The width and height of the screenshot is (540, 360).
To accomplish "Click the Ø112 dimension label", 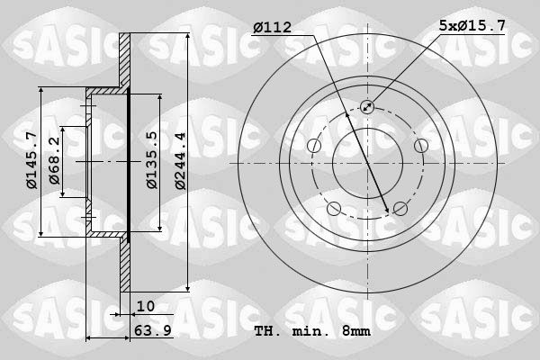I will tap(272, 28).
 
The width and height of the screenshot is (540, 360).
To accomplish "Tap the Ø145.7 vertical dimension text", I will tap(31, 160).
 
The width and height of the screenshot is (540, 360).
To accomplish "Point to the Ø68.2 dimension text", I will tap(55, 160).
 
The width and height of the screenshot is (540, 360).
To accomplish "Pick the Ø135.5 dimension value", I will tap(152, 160).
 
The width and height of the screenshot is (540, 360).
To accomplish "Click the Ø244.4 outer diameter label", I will tap(180, 160).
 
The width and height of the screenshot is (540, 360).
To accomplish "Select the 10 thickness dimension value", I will tap(146, 306).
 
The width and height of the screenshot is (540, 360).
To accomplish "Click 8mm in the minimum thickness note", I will tap(355, 332).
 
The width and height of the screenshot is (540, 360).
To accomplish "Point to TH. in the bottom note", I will tap(266, 332).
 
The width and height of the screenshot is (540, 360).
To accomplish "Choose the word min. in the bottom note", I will tap(310, 332).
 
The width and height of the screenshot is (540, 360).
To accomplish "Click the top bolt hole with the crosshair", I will tap(367, 107).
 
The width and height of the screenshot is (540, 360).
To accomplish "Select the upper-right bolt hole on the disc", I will tap(420, 146).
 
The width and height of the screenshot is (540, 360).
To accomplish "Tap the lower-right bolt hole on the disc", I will tap(400, 209).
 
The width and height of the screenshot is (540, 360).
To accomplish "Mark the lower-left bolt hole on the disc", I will tap(334, 209).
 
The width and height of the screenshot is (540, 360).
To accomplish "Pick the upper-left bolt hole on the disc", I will tap(313, 146).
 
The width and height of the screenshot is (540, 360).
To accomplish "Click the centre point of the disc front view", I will tap(367, 164).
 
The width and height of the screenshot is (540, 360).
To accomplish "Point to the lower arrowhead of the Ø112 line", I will tap(388, 211).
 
